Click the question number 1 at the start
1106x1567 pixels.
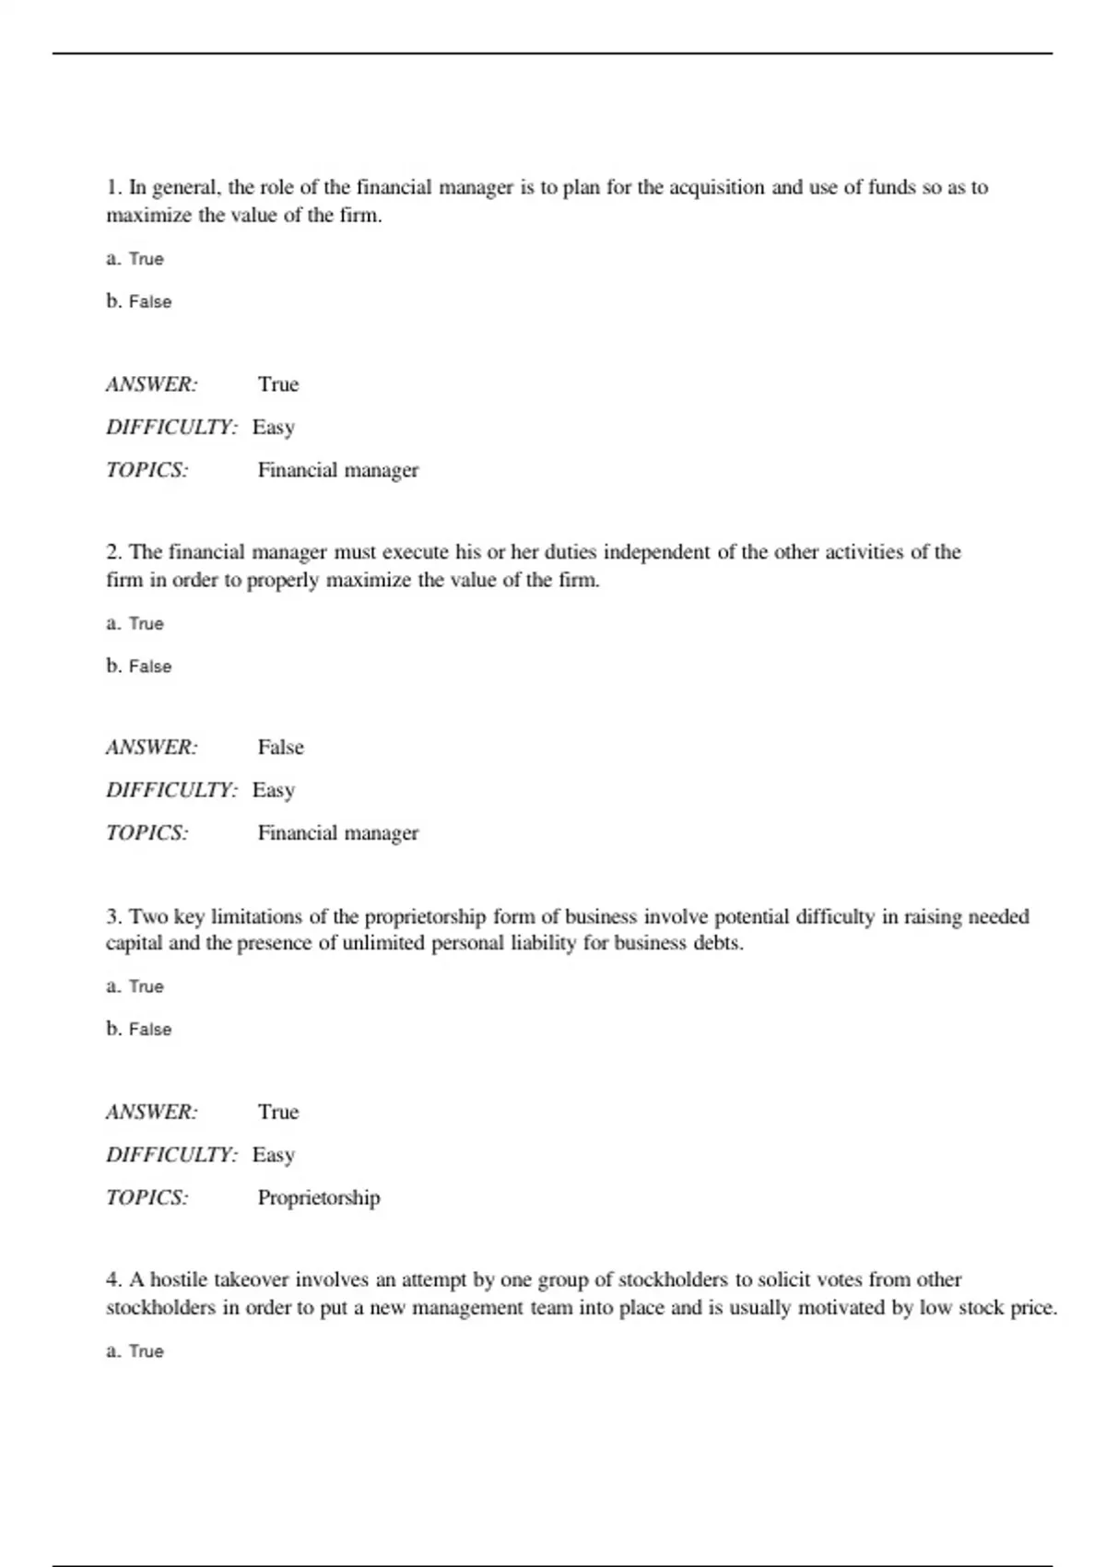pos(113,188)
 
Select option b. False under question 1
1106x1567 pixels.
pos(139,301)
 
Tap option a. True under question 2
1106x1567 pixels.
pos(135,624)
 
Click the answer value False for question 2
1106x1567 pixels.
pos(280,748)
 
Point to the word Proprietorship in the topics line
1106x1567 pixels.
pos(318,1198)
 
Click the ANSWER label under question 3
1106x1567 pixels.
pos(151,1113)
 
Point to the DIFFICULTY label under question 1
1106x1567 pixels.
pos(171,428)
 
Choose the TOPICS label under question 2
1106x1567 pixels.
pos(147,833)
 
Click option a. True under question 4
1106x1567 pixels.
pos(135,1351)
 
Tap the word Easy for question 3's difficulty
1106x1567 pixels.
pos(273,1155)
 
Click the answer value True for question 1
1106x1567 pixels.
pos(278,384)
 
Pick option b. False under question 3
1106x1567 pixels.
pos(139,1029)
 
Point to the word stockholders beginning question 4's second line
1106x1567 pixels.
pos(160,1308)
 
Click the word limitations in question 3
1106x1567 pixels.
pos(257,917)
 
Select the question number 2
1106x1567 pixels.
pos(113,552)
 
